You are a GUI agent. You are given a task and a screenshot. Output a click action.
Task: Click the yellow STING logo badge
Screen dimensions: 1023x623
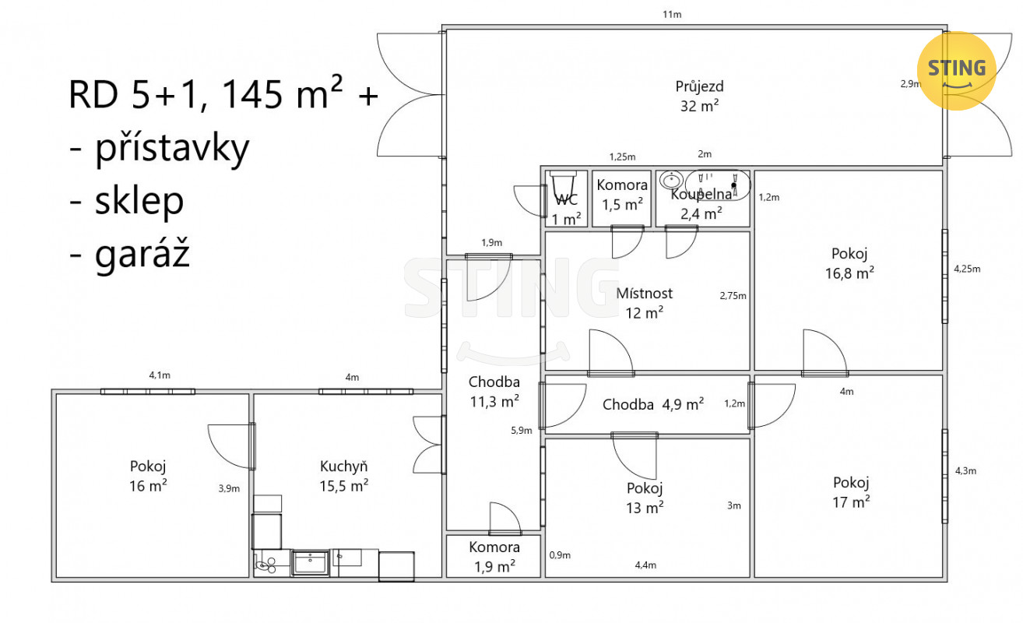(x=956, y=70)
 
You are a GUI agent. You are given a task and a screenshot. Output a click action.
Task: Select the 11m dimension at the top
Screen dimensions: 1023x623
(x=672, y=15)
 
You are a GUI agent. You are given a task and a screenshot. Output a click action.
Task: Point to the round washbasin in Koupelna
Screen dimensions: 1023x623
(x=671, y=179)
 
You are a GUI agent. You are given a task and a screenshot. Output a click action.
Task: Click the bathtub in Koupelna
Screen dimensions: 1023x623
(x=718, y=185)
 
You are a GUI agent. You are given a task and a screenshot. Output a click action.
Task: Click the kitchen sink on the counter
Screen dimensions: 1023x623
(x=310, y=562)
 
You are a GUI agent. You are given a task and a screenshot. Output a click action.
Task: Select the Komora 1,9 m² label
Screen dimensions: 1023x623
(x=494, y=557)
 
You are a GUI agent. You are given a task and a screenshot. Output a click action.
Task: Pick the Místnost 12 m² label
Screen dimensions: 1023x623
(x=644, y=303)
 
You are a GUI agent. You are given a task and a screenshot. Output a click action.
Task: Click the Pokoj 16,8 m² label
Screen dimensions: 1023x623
(x=849, y=263)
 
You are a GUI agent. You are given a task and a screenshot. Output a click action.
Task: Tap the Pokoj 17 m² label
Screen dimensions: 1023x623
(x=851, y=492)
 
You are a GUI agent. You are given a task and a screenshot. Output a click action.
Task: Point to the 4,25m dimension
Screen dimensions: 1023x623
(x=967, y=269)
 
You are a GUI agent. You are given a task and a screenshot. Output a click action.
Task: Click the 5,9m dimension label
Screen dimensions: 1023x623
(x=521, y=430)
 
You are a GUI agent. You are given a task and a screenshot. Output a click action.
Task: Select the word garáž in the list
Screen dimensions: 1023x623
(x=142, y=254)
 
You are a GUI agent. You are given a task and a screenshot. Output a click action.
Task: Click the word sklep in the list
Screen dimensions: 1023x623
(x=139, y=200)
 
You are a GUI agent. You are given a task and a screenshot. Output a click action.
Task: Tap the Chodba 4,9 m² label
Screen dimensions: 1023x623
(x=653, y=404)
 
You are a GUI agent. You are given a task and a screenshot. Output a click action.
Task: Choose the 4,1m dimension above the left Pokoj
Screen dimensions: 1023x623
(x=160, y=375)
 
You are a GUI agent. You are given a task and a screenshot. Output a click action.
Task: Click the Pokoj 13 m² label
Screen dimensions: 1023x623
(x=645, y=498)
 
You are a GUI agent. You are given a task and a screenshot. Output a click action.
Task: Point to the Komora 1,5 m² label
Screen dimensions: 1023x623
(x=622, y=195)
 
